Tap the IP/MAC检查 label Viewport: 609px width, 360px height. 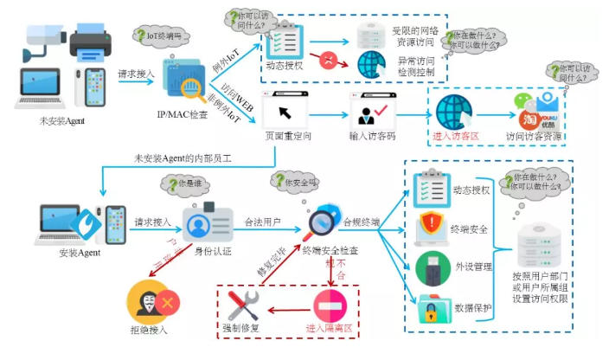(182, 113)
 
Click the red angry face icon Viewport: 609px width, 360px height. (329, 61)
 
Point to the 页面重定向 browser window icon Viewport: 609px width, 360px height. (286, 108)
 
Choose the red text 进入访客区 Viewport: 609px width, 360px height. (454, 136)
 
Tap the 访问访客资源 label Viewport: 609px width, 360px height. (535, 136)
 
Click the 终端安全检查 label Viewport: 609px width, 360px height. (330, 250)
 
